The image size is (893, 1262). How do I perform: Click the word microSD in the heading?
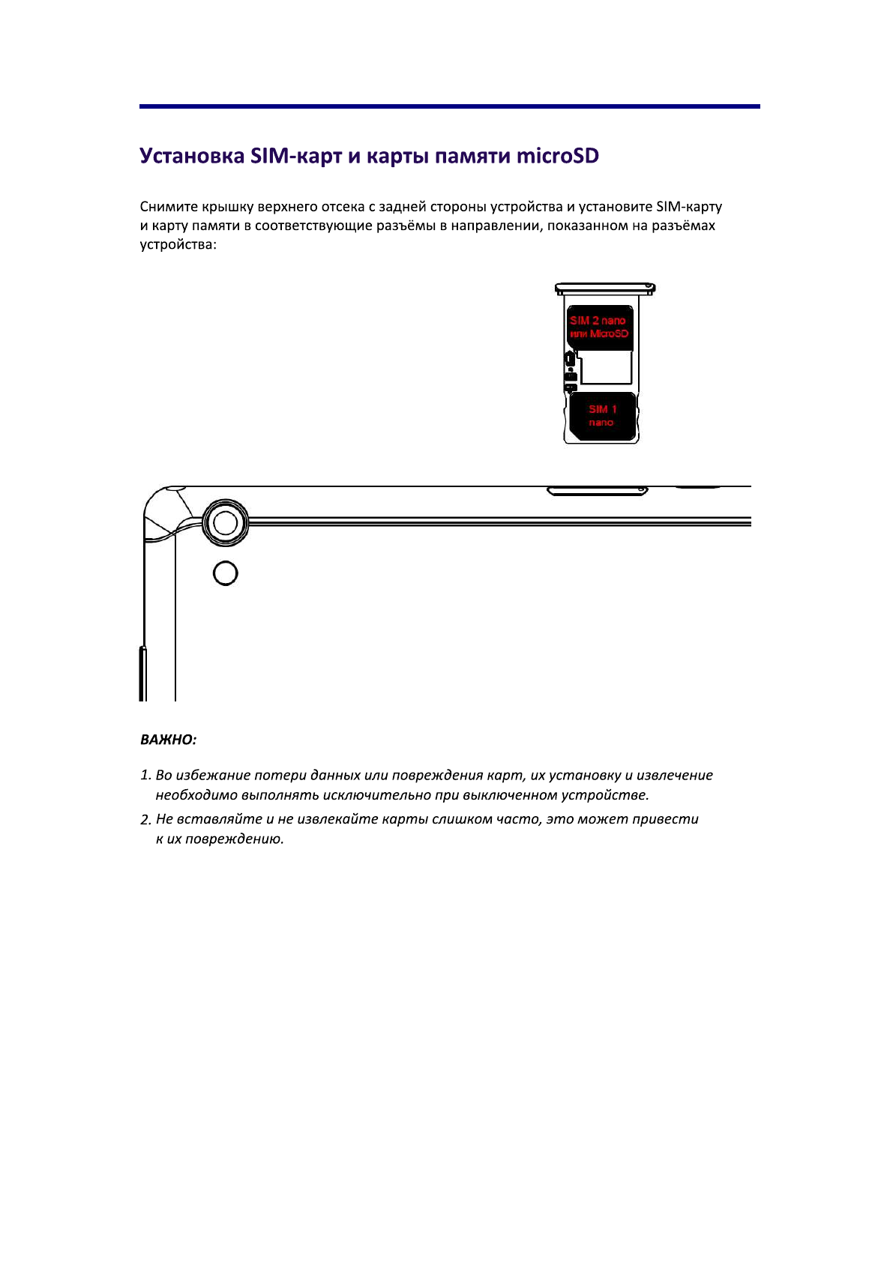[x=557, y=156]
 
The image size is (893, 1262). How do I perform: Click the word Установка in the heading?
[x=192, y=156]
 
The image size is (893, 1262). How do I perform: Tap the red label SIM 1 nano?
[x=602, y=416]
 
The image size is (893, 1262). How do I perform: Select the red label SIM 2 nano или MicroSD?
[x=598, y=327]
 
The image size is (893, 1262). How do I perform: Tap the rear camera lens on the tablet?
[x=226, y=522]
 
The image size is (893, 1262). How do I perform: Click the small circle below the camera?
[x=226, y=573]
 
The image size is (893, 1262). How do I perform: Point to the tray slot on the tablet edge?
[x=597, y=492]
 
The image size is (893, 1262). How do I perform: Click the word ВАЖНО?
[x=168, y=740]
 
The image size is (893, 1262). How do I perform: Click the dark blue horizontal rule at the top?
[x=450, y=106]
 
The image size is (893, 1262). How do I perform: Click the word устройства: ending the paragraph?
[x=178, y=245]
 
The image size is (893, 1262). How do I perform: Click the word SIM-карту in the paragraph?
[x=688, y=207]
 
